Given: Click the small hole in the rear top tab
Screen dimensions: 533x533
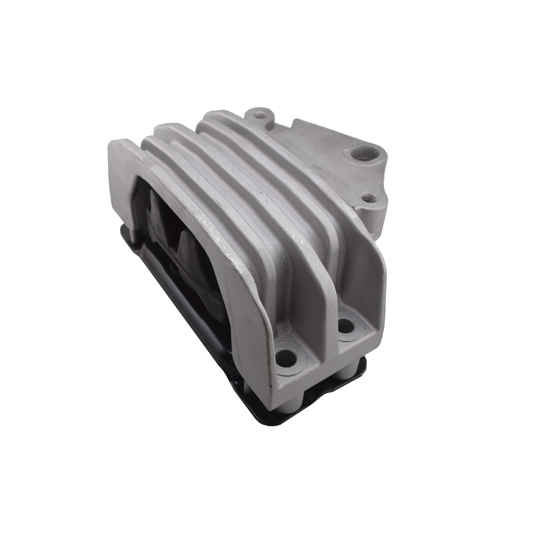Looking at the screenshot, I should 258,114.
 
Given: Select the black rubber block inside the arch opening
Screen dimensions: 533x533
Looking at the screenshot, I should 177,240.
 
